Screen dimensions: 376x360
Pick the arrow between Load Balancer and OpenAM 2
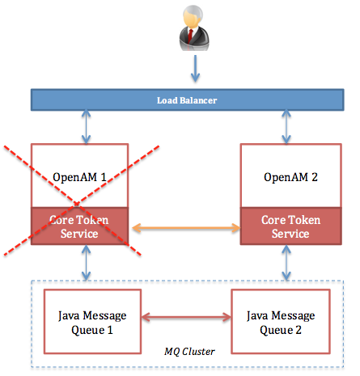coord(286,128)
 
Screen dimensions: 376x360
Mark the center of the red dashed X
coord(83,200)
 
